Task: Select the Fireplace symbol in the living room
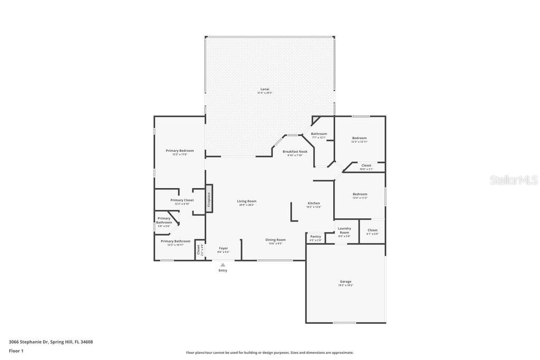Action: coord(209,198)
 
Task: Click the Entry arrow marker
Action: coord(223,265)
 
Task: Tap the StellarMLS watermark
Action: coord(514,180)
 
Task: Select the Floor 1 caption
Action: coord(16,351)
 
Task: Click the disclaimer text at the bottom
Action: coord(269,353)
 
